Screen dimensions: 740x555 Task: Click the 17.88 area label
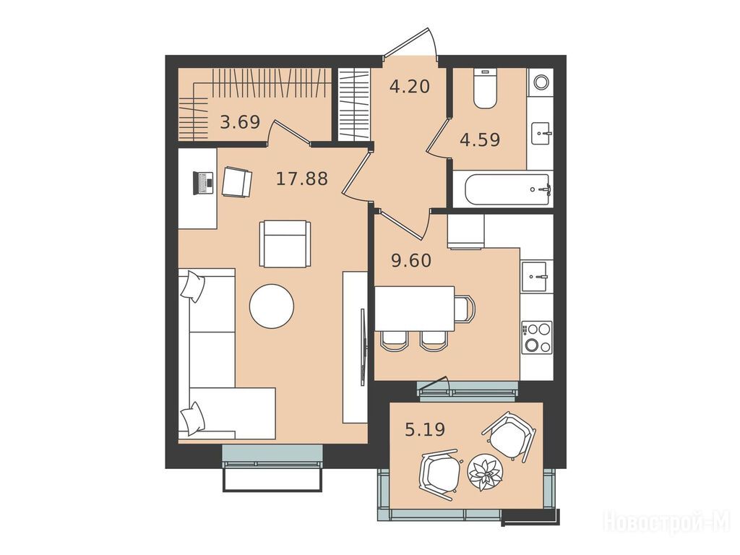pos(302,179)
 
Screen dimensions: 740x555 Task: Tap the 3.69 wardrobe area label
pos(240,123)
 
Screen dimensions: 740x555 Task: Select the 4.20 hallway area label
pos(410,87)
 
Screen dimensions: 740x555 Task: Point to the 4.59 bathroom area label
pos(480,140)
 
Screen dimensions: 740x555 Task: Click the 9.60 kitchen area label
pos(411,260)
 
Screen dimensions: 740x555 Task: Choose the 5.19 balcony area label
pos(425,429)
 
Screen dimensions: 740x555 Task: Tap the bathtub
pos(507,189)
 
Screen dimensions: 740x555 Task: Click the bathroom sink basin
pos(541,134)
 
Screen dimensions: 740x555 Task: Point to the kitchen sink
pos(535,277)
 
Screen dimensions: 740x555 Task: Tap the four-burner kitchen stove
pos(537,337)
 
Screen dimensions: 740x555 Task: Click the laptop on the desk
pos(203,183)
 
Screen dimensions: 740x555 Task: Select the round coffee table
pos(272,306)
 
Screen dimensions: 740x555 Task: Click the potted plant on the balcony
pos(486,472)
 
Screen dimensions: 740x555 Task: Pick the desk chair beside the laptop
pos(237,181)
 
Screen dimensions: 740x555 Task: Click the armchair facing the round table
pos(285,244)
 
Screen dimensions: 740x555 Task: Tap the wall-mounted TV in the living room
pos(363,348)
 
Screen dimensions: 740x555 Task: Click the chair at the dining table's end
pos(465,308)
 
